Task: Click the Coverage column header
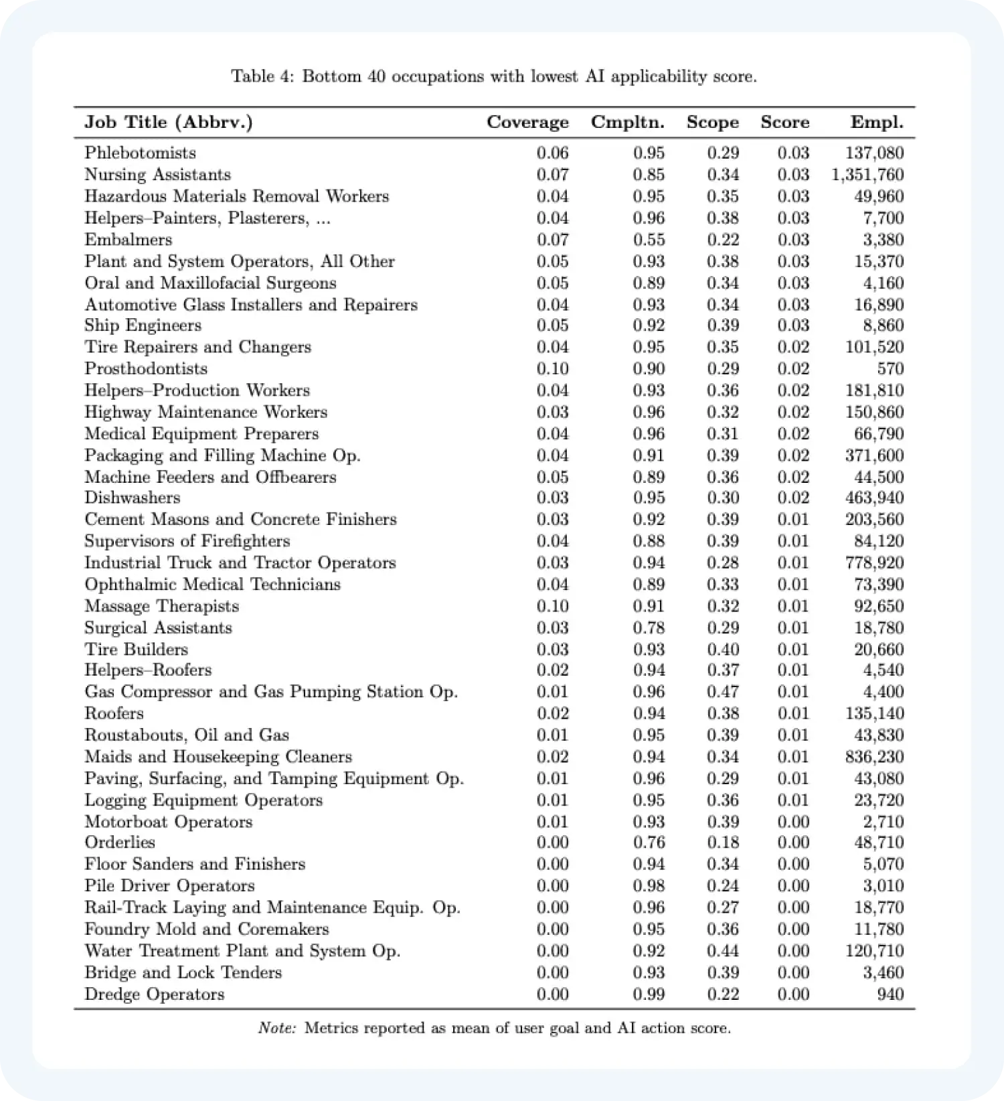[527, 123]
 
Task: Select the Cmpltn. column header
[627, 123]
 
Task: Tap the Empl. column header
[877, 123]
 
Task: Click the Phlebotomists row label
[140, 153]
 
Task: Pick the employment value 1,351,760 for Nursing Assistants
[867, 175]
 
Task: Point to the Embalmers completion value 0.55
[649, 240]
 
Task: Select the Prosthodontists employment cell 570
[890, 369]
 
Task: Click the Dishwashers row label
[132, 498]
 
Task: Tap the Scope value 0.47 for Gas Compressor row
[723, 692]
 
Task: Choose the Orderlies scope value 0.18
[723, 842]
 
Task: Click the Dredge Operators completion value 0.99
[649, 995]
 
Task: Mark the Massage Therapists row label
[161, 606]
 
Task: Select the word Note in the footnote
[277, 1028]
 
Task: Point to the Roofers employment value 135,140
[874, 713]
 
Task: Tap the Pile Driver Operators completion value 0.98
[649, 886]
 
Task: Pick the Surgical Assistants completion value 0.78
[649, 628]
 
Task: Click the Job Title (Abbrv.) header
[168, 123]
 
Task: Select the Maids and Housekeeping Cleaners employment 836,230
[874, 757]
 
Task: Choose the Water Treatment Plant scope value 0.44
[723, 951]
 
